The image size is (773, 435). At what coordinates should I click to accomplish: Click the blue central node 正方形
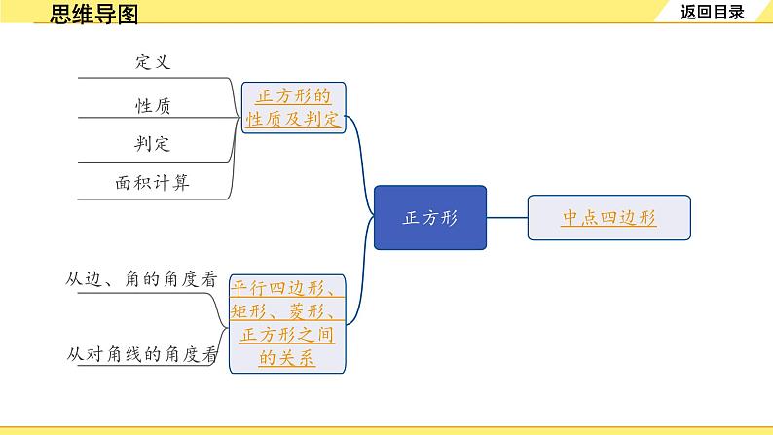pyautogui.click(x=430, y=218)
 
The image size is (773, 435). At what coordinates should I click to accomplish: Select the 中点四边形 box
pyautogui.click(x=609, y=218)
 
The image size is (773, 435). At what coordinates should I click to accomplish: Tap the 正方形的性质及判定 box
pyautogui.click(x=293, y=108)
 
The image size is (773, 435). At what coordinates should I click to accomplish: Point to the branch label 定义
pyautogui.click(x=153, y=61)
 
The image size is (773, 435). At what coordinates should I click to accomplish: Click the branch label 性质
pyautogui.click(x=153, y=103)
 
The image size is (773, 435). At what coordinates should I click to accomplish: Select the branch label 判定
pyautogui.click(x=153, y=143)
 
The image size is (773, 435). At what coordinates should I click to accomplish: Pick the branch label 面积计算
pyautogui.click(x=153, y=182)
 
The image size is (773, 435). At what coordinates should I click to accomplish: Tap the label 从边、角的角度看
pyautogui.click(x=141, y=278)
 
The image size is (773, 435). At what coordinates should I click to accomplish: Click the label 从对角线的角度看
pyautogui.click(x=141, y=355)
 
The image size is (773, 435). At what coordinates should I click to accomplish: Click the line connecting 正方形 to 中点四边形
pyautogui.click(x=506, y=218)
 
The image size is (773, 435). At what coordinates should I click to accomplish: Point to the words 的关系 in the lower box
pyautogui.click(x=287, y=358)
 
